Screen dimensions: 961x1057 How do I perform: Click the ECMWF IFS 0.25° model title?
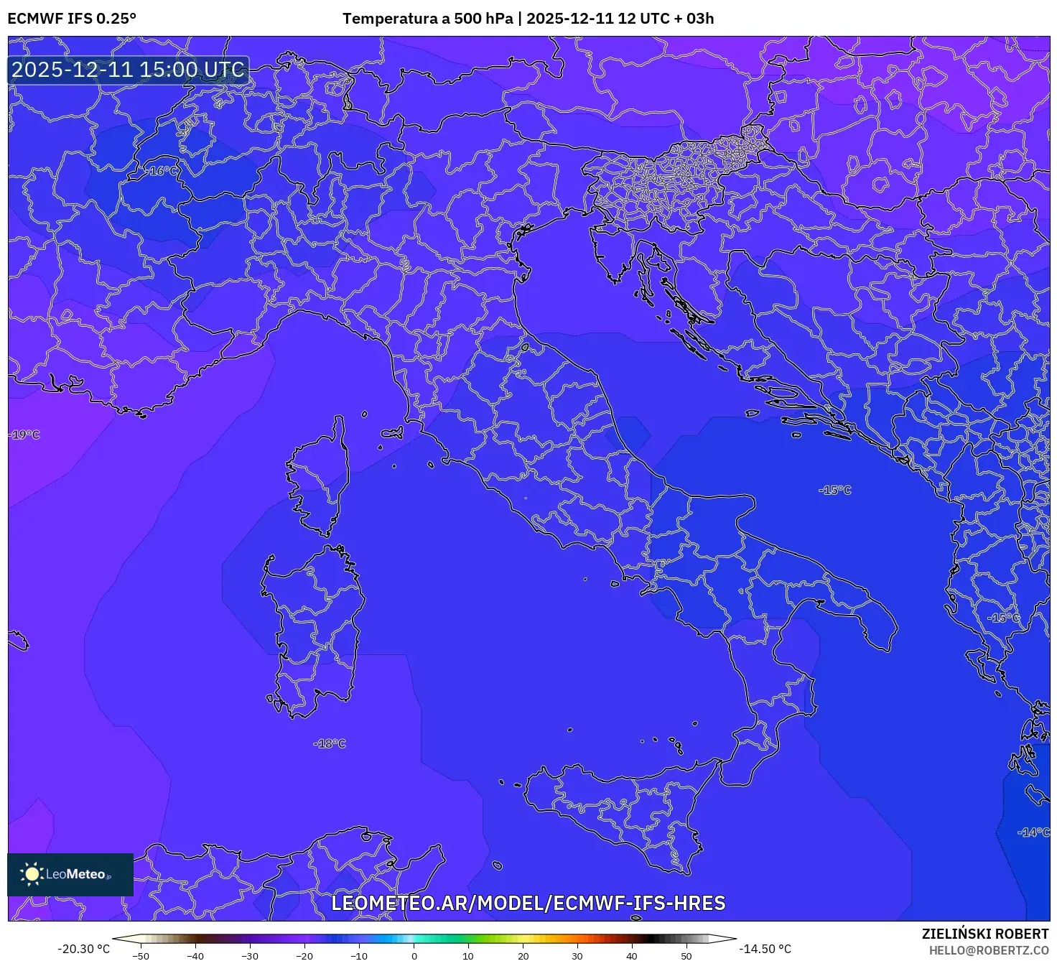pos(72,19)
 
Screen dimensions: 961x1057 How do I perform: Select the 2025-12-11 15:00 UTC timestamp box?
pos(128,70)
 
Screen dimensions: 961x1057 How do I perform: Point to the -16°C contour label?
pos(161,171)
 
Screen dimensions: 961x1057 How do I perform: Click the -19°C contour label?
pos(25,435)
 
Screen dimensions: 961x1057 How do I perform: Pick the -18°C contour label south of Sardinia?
pos(330,743)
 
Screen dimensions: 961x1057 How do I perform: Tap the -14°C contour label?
pos(1033,832)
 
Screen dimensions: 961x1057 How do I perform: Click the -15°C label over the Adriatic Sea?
pos(834,490)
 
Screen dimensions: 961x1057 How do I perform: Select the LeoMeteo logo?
pos(70,874)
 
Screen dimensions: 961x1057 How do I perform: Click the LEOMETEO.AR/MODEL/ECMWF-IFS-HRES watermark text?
pos(528,903)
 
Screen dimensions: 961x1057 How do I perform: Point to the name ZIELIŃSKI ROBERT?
pos(985,934)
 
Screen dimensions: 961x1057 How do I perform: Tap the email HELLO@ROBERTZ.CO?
pos(989,950)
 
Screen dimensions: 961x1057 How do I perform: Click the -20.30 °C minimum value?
pos(84,949)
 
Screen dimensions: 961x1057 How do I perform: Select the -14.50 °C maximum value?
pos(765,949)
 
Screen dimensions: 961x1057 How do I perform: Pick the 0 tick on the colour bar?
pos(414,955)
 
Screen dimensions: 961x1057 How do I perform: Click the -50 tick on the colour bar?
pos(141,955)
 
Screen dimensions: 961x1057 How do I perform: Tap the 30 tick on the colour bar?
pos(577,955)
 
